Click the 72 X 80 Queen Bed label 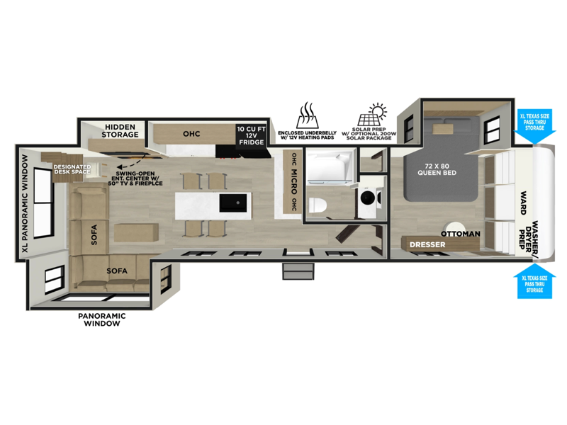[x=437, y=169]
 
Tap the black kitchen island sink [x=234, y=203]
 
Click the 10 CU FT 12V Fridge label [x=252, y=135]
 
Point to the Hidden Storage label [x=120, y=131]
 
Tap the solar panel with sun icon [x=373, y=115]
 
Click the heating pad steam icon [x=307, y=115]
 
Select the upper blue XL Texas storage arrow [x=534, y=127]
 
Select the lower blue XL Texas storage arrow [x=534, y=280]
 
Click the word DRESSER [x=427, y=244]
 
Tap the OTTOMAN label [x=460, y=234]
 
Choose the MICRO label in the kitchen [x=294, y=182]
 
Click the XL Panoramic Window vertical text [x=25, y=204]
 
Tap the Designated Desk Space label [x=72, y=169]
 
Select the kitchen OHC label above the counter [x=191, y=134]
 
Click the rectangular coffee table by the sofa [x=136, y=233]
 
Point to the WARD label [x=523, y=203]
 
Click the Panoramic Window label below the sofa [x=102, y=319]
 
